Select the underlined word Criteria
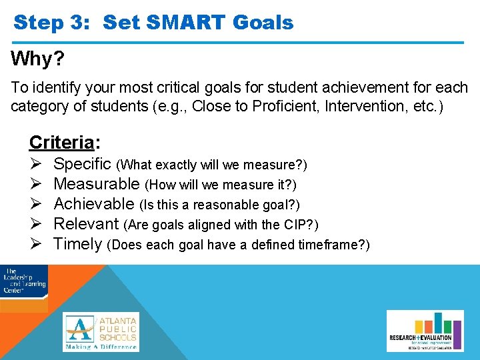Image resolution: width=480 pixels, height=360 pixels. click(x=61, y=142)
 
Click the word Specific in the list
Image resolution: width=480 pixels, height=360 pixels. click(x=83, y=163)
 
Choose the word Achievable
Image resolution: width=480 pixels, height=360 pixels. click(x=94, y=203)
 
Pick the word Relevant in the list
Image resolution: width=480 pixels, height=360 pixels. click(x=86, y=223)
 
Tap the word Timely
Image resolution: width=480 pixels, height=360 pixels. click(x=78, y=243)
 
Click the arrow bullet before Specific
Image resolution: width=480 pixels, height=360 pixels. click(x=37, y=163)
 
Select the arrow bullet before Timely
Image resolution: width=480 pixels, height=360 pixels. click(x=37, y=243)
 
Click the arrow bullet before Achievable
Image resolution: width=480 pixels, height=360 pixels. click(x=37, y=203)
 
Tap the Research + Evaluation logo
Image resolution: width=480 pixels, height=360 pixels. click(x=421, y=331)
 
